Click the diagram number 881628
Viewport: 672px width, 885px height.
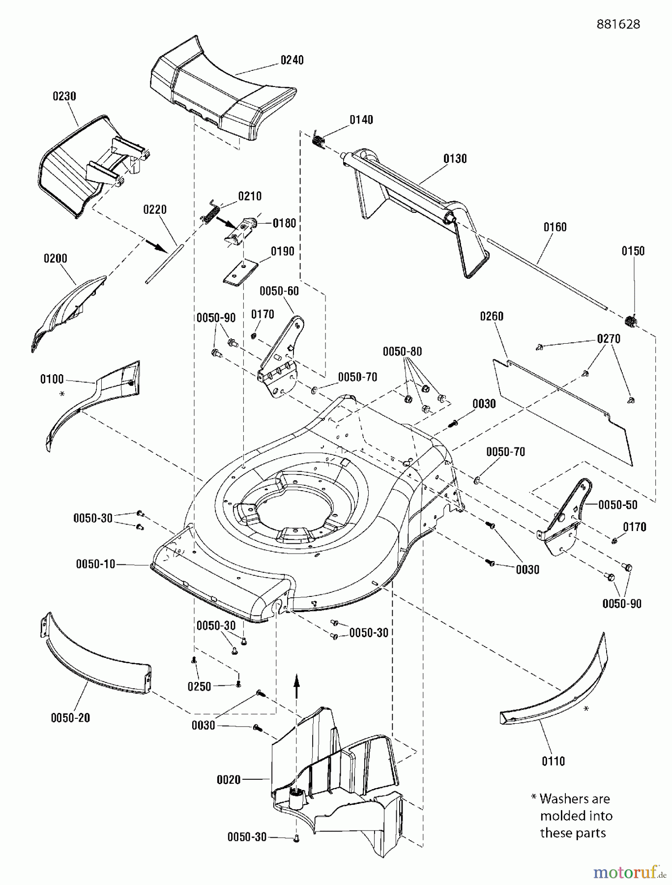618,24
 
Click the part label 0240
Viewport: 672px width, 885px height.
292,60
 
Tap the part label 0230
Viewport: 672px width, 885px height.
64,96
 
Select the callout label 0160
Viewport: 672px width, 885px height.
555,227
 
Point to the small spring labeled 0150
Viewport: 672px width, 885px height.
630,322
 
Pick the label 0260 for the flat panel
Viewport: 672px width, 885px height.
492,316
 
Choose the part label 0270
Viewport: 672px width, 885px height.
609,339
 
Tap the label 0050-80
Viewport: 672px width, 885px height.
403,352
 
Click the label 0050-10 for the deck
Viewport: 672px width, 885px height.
95,564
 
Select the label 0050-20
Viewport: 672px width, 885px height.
70,717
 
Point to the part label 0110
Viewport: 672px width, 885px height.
553,761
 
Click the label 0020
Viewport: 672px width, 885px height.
229,779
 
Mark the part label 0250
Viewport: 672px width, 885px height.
199,686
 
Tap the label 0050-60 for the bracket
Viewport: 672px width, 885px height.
279,291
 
